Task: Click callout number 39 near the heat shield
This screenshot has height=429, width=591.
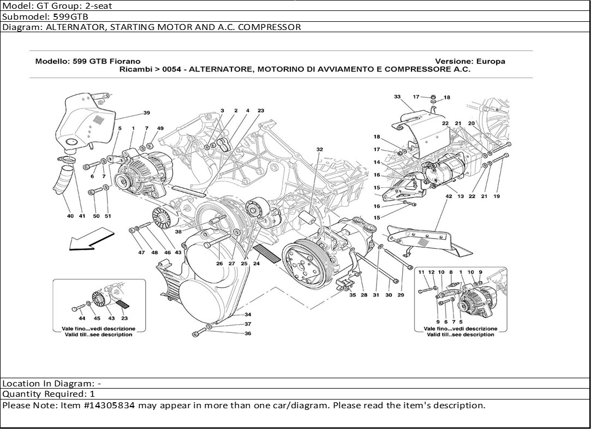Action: pyautogui.click(x=147, y=113)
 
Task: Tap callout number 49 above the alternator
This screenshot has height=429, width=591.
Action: pyautogui.click(x=160, y=128)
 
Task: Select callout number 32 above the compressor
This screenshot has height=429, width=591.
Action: pyautogui.click(x=319, y=148)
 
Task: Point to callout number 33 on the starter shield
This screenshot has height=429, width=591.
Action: pyautogui.click(x=397, y=97)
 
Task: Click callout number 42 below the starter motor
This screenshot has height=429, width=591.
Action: pyautogui.click(x=449, y=196)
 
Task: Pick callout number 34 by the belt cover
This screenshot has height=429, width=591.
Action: pyautogui.click(x=247, y=314)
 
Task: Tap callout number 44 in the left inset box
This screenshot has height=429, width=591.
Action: pyautogui.click(x=82, y=318)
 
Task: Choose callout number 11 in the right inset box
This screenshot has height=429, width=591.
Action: pyautogui.click(x=421, y=272)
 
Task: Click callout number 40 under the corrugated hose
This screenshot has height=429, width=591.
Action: pyautogui.click(x=70, y=216)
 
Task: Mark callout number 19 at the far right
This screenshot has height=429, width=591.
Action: pyautogui.click(x=497, y=196)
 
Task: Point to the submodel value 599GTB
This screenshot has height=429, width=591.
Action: pyautogui.click(x=69, y=16)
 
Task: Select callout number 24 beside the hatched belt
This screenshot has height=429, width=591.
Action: pyautogui.click(x=256, y=264)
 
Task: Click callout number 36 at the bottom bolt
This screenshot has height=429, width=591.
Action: pyautogui.click(x=247, y=333)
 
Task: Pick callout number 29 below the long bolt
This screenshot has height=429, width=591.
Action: pyautogui.click(x=401, y=295)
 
